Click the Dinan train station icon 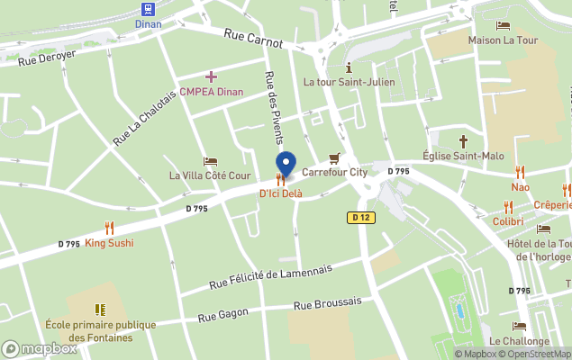pyautogui.click(x=148, y=8)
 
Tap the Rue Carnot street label pyautogui.click(x=252, y=37)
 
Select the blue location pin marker pyautogui.click(x=286, y=164)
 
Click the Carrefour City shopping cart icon pyautogui.click(x=334, y=158)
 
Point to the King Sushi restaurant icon pyautogui.click(x=110, y=228)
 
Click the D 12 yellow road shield pyautogui.click(x=360, y=217)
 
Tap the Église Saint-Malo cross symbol pyautogui.click(x=464, y=141)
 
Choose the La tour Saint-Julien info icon pyautogui.click(x=349, y=67)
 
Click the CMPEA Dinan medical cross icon pyautogui.click(x=211, y=77)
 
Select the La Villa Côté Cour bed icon pyautogui.click(x=210, y=161)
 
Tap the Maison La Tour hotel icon pyautogui.click(x=503, y=26)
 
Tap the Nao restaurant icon pyautogui.click(x=520, y=172)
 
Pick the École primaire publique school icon pyautogui.click(x=100, y=310)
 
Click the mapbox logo pyautogui.click(x=40, y=348)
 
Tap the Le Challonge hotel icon pyautogui.click(x=520, y=327)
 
